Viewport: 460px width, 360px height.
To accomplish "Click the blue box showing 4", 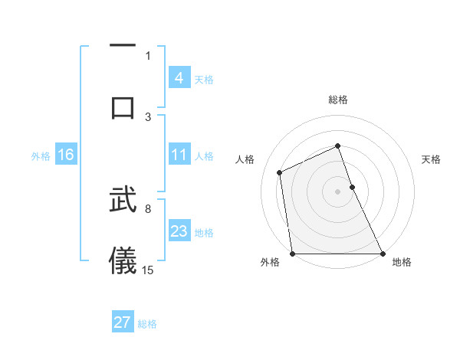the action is click(x=179, y=78).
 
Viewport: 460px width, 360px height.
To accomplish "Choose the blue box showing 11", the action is click(x=179, y=155).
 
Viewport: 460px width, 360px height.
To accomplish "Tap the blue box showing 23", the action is click(x=179, y=231).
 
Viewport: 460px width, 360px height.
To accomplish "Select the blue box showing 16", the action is click(x=65, y=155).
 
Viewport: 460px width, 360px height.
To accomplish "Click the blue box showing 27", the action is click(x=123, y=322).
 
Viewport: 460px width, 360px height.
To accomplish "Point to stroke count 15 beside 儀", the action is click(x=148, y=270).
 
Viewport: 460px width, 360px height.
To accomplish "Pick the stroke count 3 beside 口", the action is click(x=148, y=116).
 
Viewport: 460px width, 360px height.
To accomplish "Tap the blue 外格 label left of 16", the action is click(x=41, y=155).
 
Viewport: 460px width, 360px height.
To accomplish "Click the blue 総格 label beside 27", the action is click(x=147, y=323).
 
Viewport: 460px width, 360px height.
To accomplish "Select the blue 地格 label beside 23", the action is click(x=204, y=232).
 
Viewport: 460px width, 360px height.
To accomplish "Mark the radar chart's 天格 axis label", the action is click(x=431, y=159).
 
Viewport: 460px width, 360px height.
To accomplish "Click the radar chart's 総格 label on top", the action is click(x=337, y=100).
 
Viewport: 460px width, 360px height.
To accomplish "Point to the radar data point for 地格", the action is click(x=382, y=253).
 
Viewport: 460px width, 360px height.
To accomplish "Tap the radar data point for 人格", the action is click(x=280, y=172).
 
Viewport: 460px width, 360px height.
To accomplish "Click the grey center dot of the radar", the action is click(x=337, y=191).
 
